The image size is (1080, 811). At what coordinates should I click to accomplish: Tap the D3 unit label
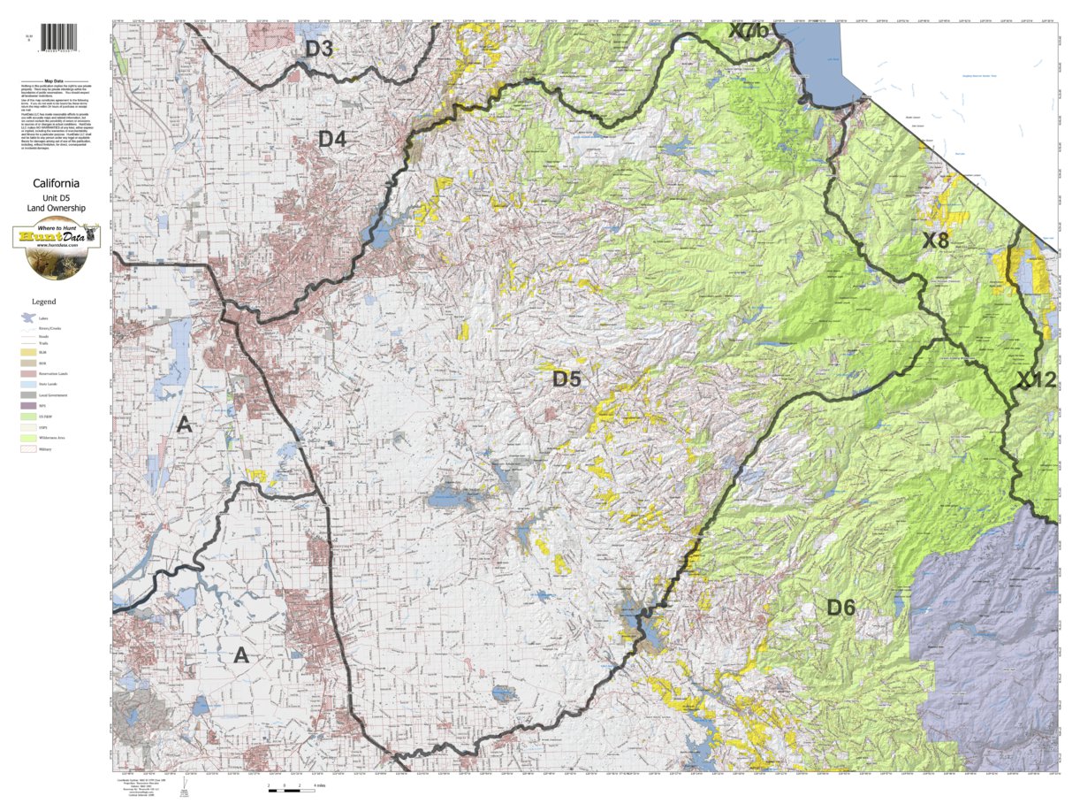[x=318, y=50]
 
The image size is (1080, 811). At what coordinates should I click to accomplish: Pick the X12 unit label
[x=1036, y=380]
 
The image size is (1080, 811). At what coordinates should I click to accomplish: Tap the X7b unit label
[x=749, y=31]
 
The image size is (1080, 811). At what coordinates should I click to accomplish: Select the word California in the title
[x=57, y=184]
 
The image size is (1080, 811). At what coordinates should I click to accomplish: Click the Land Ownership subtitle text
[x=57, y=209]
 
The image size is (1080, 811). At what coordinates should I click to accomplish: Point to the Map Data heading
[x=57, y=80]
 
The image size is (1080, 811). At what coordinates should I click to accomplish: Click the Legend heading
[x=43, y=302]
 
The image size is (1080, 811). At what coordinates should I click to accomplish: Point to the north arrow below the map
[x=184, y=785]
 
